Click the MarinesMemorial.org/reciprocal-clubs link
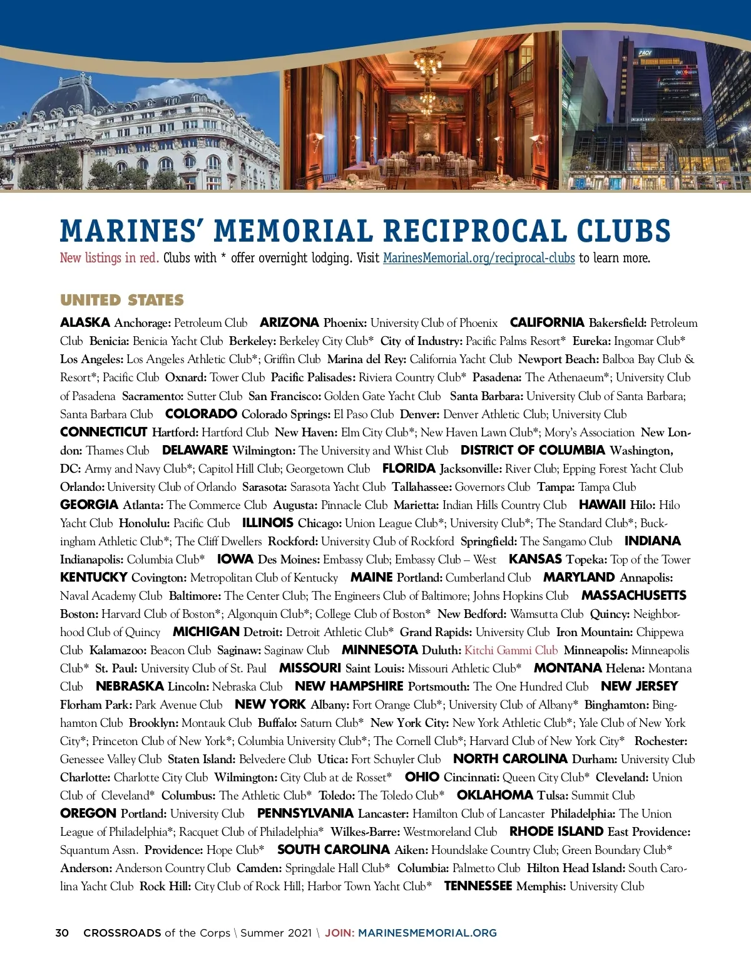[479, 258]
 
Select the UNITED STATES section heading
[122, 301]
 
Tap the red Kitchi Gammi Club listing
[511, 650]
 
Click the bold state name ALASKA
[85, 323]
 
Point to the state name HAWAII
[602, 505]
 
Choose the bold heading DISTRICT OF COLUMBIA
[533, 450]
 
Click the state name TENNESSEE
[478, 886]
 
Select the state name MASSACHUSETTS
[633, 595]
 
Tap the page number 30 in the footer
[62, 933]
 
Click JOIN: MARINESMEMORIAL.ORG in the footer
[411, 933]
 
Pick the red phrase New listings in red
[110, 258]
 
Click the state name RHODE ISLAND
[556, 831]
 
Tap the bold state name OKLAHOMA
[494, 795]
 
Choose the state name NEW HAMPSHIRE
[349, 686]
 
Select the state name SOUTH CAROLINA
[334, 850]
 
